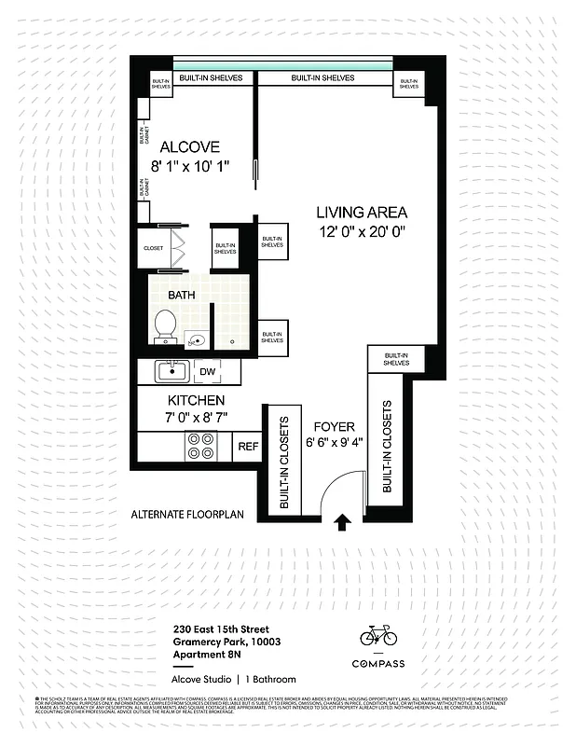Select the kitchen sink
pos(171,371)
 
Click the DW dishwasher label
pos(208,371)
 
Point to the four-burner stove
pos(199,447)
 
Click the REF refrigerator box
pos(248,448)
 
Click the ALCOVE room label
pos(189,147)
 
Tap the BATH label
pos(183,295)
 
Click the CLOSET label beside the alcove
pos(153,248)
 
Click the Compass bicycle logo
pos(378,636)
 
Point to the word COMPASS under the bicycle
pos(378,664)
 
